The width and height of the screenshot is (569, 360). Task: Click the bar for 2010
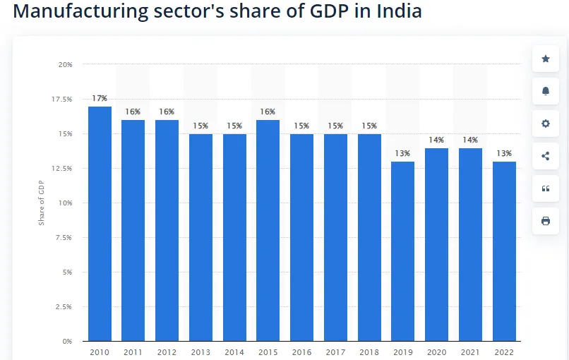(x=100, y=223)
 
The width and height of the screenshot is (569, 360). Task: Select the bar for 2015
(x=268, y=230)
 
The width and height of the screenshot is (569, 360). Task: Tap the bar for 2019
(x=403, y=251)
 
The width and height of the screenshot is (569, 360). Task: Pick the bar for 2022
(x=504, y=251)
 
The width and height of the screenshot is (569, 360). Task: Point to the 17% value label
(x=100, y=98)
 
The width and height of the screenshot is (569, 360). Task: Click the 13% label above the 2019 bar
(x=403, y=153)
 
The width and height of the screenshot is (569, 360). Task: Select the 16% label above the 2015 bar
(x=268, y=112)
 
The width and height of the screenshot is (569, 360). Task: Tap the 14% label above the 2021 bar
(x=470, y=140)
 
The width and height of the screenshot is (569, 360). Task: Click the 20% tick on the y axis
(x=65, y=64)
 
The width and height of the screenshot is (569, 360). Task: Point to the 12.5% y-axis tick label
(x=62, y=168)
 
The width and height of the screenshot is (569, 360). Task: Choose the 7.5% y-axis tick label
(x=64, y=237)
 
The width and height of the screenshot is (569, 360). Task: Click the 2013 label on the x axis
(x=200, y=352)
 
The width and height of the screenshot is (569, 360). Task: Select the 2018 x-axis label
(x=369, y=352)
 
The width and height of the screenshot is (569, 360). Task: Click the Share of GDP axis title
(x=41, y=203)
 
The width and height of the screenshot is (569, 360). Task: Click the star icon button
(x=546, y=59)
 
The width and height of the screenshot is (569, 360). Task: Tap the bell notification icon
(x=546, y=91)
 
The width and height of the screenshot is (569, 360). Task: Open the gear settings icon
(x=546, y=124)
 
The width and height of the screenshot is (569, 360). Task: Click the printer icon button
(x=546, y=221)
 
